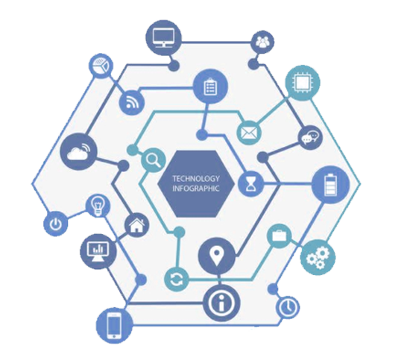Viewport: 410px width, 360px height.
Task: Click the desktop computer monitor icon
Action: [163, 38]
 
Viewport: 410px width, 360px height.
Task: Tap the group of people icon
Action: [262, 42]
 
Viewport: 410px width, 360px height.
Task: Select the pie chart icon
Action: [101, 66]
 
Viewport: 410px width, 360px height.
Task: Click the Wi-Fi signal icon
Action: [132, 102]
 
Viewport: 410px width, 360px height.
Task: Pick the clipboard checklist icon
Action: [210, 86]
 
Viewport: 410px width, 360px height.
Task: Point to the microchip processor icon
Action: [303, 82]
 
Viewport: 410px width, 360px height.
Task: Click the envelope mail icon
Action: [249, 133]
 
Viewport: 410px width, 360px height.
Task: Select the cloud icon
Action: [78, 151]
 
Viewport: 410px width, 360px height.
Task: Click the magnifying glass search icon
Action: [154, 160]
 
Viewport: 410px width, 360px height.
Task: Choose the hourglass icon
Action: [250, 184]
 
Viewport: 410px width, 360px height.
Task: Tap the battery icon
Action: [330, 185]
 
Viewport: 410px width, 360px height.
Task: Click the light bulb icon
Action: [98, 205]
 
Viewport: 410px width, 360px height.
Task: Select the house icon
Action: [136, 224]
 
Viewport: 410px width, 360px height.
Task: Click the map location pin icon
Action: [216, 256]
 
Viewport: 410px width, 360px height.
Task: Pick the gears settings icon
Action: [318, 257]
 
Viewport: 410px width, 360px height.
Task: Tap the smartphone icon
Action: [114, 326]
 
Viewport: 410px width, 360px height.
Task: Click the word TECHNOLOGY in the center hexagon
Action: [196, 179]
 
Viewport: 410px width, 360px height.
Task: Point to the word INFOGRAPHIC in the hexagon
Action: [195, 189]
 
